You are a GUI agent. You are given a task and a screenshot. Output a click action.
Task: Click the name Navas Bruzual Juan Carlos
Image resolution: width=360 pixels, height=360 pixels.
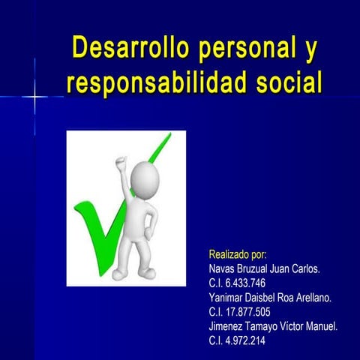tap(264, 268)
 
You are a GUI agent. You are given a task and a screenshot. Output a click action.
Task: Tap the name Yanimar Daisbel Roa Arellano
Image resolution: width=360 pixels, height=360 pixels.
tap(269, 298)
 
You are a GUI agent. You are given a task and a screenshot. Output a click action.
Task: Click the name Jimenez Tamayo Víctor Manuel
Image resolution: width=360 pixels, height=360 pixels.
tap(273, 326)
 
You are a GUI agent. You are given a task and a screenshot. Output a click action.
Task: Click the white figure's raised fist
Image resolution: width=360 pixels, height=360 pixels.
tap(120, 161)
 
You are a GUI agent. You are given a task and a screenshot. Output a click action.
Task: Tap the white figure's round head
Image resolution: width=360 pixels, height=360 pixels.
tap(143, 180)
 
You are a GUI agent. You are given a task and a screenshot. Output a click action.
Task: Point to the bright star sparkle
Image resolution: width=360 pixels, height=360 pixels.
tap(34, 97)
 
